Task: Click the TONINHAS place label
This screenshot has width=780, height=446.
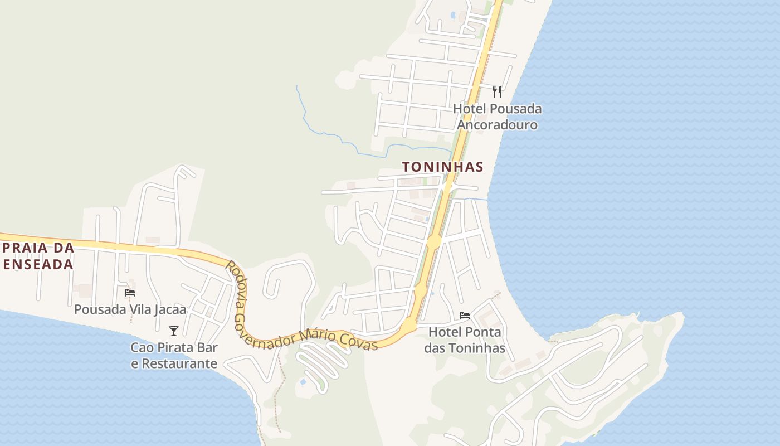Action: click(442, 167)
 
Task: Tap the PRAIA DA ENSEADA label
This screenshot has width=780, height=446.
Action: click(38, 256)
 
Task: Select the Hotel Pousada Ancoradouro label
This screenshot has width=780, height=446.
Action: click(497, 117)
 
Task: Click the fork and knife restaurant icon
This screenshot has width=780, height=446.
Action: click(497, 92)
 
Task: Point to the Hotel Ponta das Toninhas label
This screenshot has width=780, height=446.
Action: click(465, 340)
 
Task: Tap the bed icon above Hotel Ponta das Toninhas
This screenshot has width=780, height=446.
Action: click(464, 316)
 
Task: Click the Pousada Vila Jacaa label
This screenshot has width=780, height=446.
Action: click(130, 309)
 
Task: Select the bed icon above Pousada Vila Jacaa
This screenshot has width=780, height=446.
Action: click(130, 292)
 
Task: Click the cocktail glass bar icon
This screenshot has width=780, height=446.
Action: click(174, 331)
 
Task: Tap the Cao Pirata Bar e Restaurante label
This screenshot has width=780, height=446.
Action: click(174, 356)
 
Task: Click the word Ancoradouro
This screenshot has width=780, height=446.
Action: click(497, 125)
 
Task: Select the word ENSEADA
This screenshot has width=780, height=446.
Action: click(38, 264)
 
